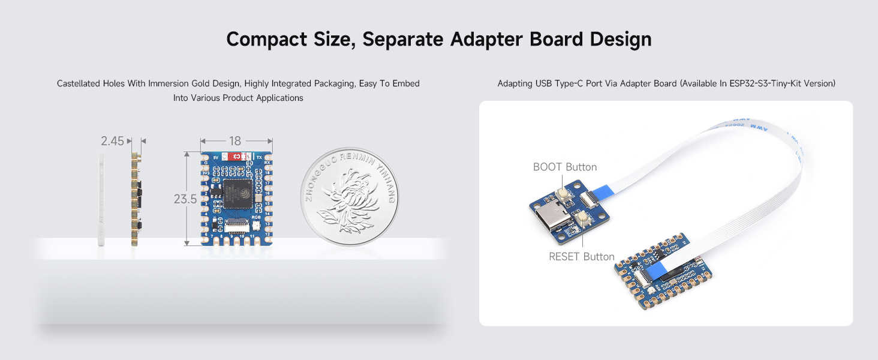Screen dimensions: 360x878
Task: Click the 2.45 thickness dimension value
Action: [x=112, y=141]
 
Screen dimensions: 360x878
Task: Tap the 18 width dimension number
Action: [x=235, y=141]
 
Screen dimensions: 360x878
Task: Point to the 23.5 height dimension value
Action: [x=185, y=199]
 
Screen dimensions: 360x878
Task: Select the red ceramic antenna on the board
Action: [x=237, y=156]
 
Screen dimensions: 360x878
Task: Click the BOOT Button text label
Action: [x=565, y=167]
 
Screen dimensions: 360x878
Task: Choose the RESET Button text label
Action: [x=582, y=257]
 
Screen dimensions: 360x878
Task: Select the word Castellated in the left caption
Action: [x=79, y=84]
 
